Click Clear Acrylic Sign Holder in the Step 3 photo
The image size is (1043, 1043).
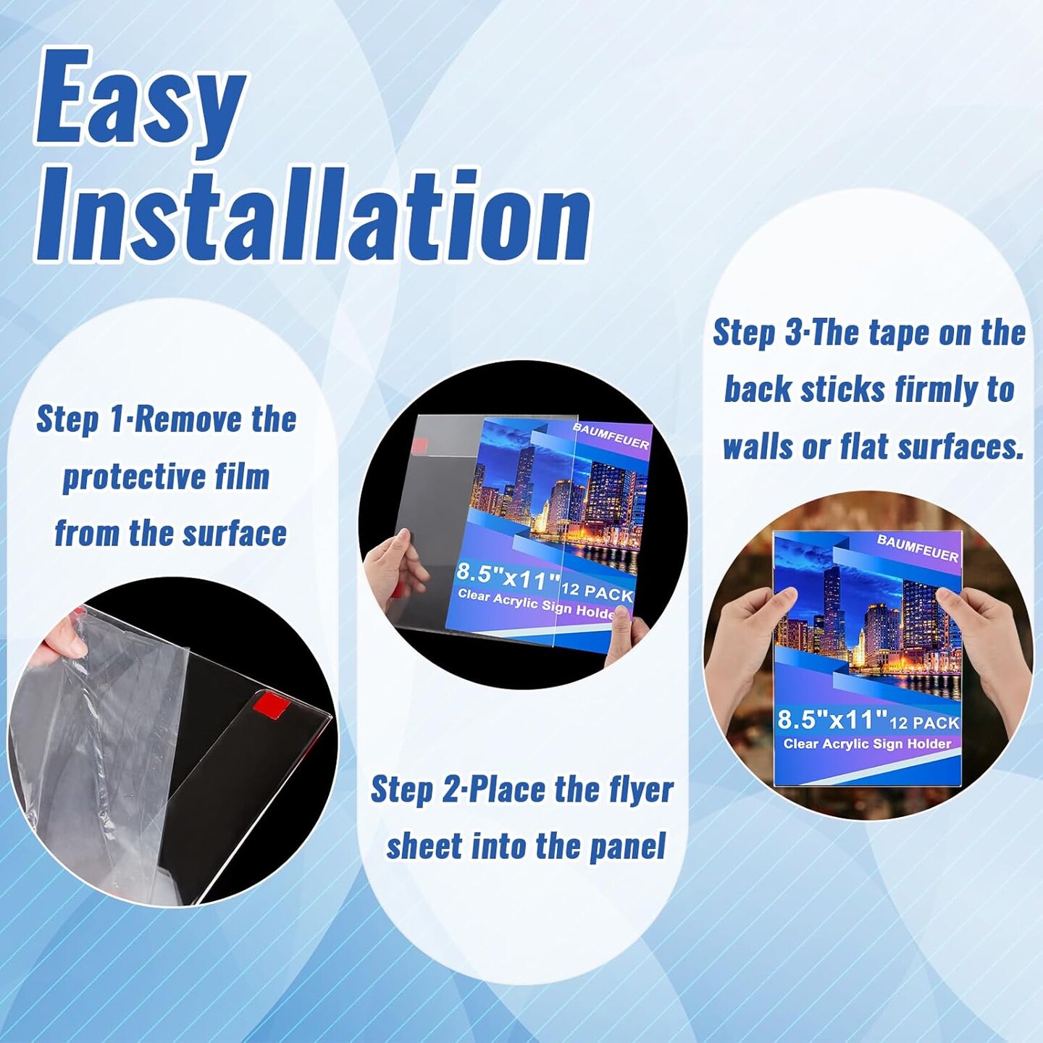[868, 744]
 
